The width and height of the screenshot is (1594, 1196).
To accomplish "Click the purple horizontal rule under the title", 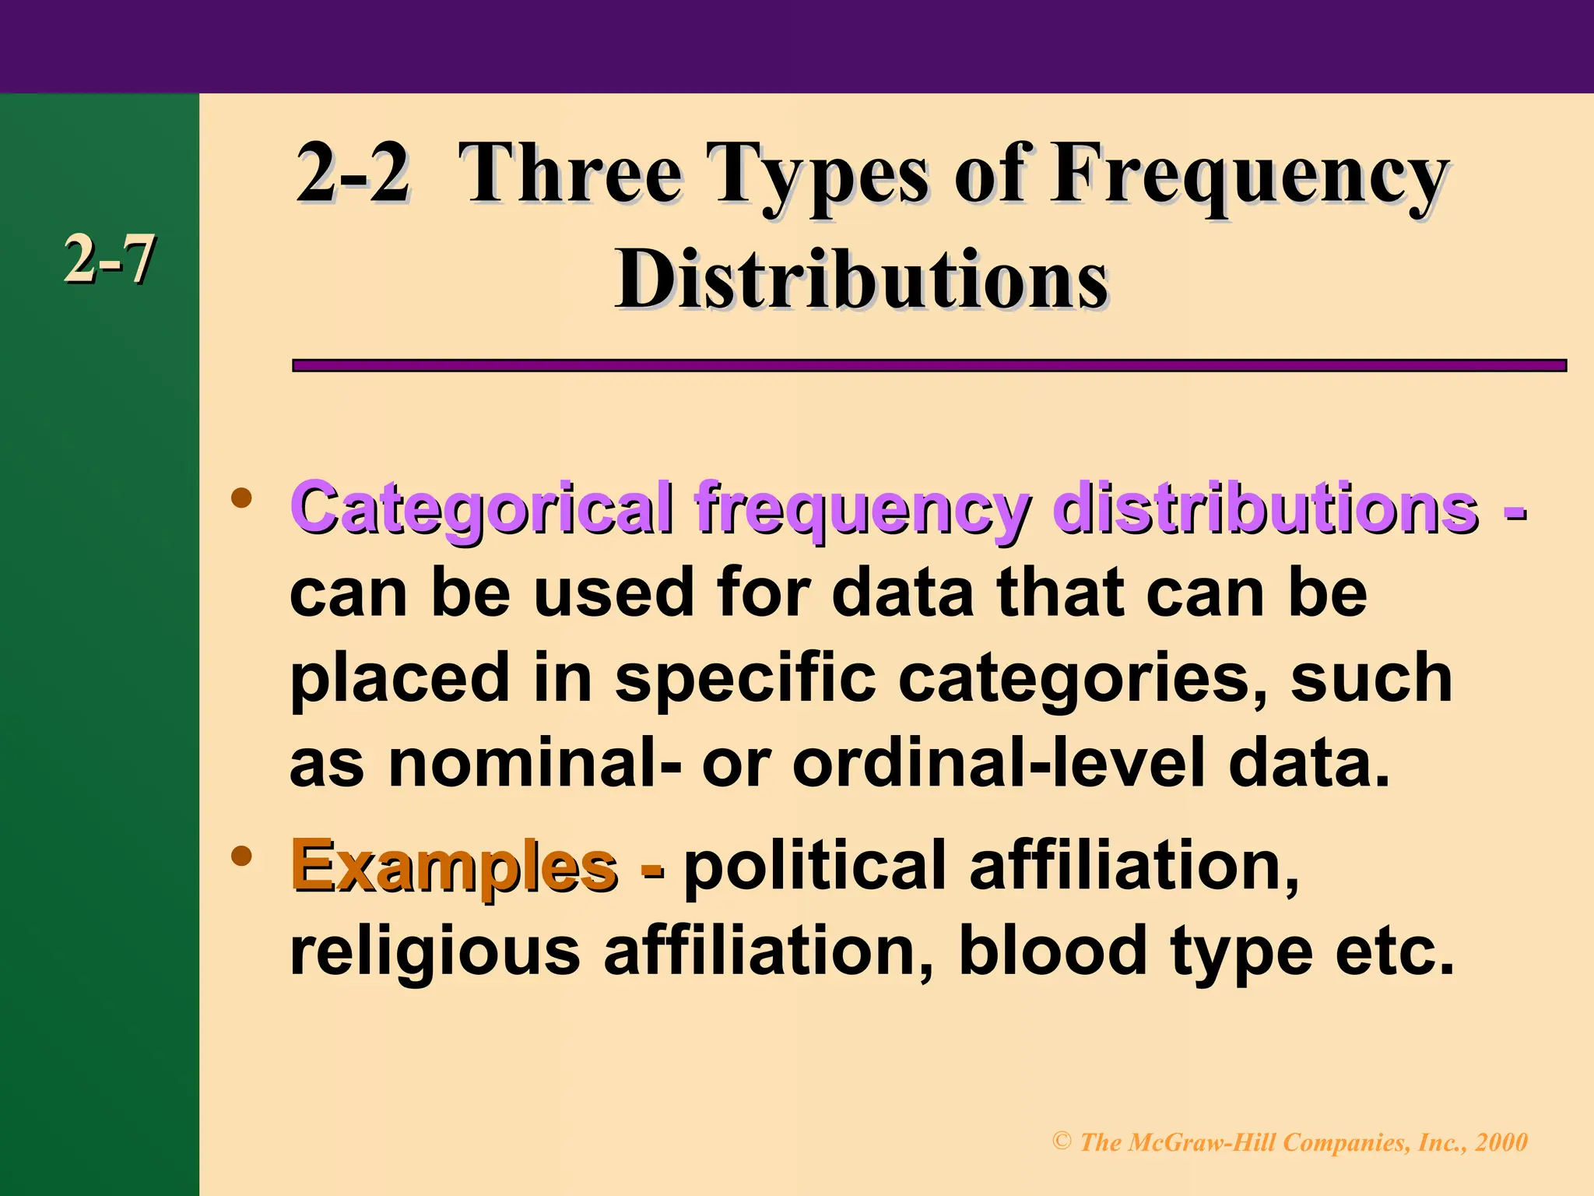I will click(x=929, y=365).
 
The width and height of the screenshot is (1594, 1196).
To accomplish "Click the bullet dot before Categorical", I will click(x=242, y=498).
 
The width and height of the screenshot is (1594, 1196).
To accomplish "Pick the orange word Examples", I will click(x=454, y=866).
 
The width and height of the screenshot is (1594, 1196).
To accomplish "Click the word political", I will click(x=815, y=866).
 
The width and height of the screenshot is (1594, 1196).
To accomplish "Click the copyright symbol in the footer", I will click(x=1062, y=1141).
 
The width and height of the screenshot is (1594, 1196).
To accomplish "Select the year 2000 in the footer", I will click(x=1501, y=1142).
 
